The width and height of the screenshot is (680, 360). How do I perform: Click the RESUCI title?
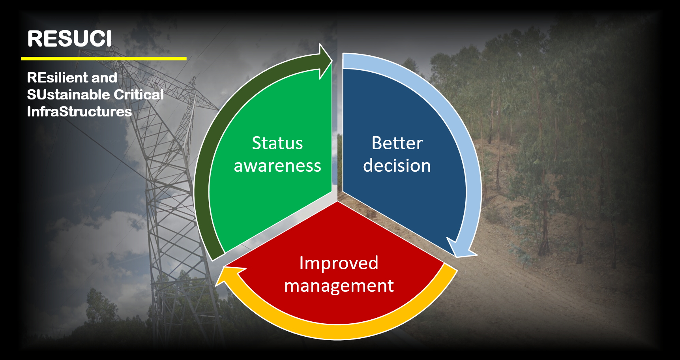[x=69, y=39]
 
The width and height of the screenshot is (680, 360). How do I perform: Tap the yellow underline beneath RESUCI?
[x=104, y=58]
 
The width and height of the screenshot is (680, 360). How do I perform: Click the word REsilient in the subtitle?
[x=58, y=78]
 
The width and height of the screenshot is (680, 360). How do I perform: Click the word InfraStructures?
[x=79, y=112]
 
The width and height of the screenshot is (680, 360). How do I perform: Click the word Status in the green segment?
[x=277, y=143]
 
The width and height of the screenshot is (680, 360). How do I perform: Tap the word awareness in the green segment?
[x=277, y=166]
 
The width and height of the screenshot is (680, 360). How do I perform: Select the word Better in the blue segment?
[x=397, y=143]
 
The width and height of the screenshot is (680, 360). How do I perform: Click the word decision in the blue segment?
[x=397, y=165]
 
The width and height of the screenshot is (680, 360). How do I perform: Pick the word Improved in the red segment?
[x=339, y=263]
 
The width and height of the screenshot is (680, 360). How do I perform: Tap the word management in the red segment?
[x=339, y=286]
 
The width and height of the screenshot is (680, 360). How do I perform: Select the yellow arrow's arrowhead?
[x=231, y=275]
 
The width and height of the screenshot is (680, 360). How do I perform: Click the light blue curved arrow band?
[x=460, y=130]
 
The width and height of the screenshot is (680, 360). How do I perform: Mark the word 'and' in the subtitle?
[x=104, y=78]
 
